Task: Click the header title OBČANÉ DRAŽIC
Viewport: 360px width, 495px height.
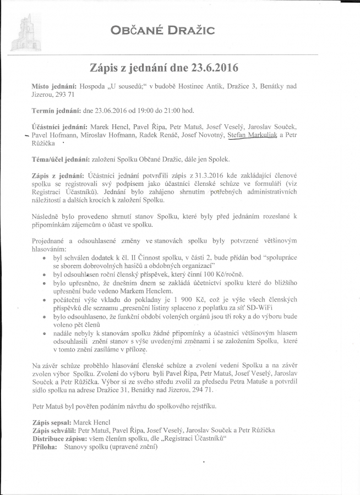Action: click(x=161, y=31)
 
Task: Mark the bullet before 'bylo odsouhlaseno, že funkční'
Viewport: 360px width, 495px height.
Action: click(x=44, y=318)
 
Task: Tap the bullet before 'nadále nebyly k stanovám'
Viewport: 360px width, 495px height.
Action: click(x=44, y=333)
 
